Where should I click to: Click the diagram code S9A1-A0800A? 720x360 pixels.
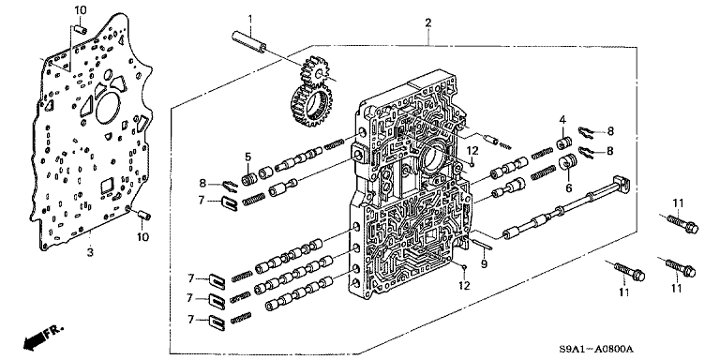[596, 349]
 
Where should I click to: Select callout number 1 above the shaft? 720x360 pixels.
[250, 19]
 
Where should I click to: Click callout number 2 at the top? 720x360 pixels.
[427, 22]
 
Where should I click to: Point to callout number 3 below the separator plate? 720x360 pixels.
[90, 252]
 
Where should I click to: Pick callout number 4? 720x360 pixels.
[562, 120]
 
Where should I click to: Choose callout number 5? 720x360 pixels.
[247, 157]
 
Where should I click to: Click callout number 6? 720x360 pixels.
[568, 188]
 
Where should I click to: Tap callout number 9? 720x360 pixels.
[483, 264]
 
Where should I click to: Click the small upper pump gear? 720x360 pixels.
[313, 68]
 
